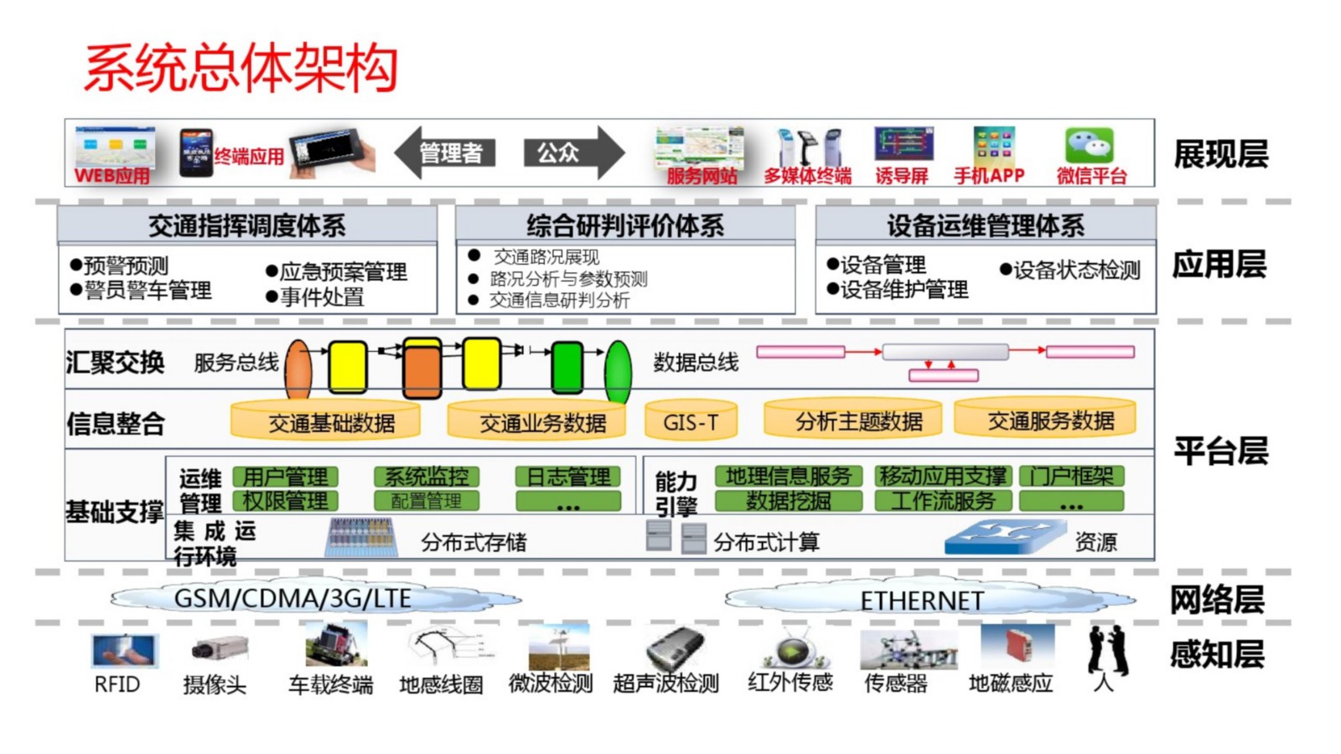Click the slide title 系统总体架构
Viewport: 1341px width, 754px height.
(241, 68)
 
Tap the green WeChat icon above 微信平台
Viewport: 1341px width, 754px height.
(1089, 146)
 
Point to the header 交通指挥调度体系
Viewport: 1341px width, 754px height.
(247, 225)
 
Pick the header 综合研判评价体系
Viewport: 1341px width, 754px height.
(625, 225)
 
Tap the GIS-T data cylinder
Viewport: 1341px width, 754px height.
(691, 421)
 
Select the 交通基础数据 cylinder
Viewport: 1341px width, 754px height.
(326, 421)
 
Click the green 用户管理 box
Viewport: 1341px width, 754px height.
(285, 477)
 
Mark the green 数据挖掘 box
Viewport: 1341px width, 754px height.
(788, 501)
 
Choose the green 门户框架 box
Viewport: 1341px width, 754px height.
(1071, 476)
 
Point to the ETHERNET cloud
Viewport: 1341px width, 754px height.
(922, 600)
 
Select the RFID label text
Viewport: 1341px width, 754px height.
(116, 684)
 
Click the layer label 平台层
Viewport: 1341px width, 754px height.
(1220, 451)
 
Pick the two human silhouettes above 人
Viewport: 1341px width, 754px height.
(1107, 650)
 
